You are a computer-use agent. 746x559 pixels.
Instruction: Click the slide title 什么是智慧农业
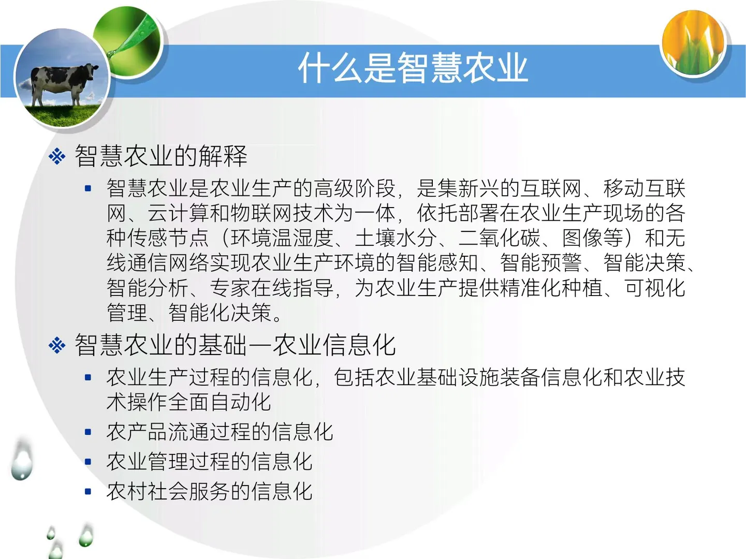point(413,68)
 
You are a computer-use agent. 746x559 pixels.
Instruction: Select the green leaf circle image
point(128,41)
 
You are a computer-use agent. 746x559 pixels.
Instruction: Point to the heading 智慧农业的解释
point(161,156)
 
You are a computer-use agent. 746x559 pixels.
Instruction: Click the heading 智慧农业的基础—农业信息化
point(235,345)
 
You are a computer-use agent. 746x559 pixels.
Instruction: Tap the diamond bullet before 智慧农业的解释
point(57,156)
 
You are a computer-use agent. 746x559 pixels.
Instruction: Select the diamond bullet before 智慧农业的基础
point(57,345)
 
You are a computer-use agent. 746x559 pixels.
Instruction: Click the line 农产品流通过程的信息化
point(220,432)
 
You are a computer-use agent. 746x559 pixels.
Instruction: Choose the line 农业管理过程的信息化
point(209,462)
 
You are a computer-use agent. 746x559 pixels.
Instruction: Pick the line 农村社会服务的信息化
point(209,491)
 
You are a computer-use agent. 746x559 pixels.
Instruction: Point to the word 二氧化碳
point(499,238)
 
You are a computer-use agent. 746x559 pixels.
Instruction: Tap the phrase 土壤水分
point(396,238)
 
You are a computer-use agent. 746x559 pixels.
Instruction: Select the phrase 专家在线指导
point(271,288)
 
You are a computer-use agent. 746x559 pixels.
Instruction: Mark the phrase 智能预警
point(540,263)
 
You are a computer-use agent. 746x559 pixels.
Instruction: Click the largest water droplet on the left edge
point(21,461)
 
